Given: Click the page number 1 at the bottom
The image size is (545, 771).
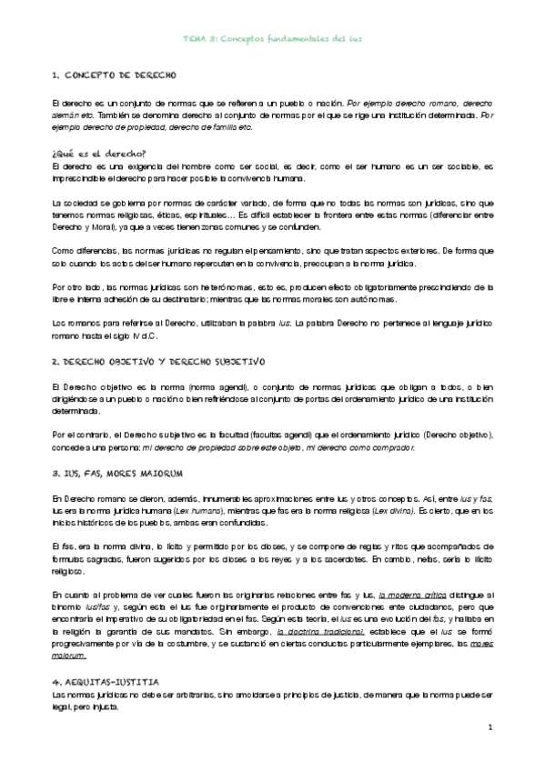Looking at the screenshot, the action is pos(489,727).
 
